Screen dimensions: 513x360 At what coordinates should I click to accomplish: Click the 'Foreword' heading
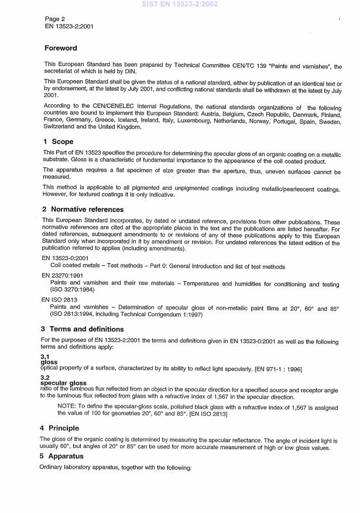pos(61,48)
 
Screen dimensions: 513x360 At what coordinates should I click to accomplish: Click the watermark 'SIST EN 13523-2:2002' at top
pos(180,4)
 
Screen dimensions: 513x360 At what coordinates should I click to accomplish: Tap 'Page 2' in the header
pos(56,19)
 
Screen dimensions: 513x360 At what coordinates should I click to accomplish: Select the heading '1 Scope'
pos(58,142)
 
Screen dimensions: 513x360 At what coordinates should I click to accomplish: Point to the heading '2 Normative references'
pos(83,209)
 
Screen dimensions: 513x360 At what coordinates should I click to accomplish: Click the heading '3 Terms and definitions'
pos(83,329)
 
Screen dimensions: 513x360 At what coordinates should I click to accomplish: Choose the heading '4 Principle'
pos(64,428)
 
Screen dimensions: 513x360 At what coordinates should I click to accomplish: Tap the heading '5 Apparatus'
pos(64,456)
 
